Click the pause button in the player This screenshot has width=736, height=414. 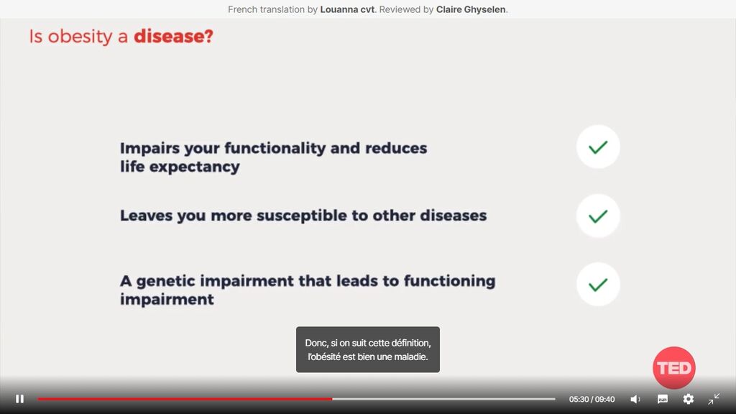(x=19, y=399)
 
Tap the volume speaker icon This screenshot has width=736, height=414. (x=635, y=399)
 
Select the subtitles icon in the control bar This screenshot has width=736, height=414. (x=662, y=399)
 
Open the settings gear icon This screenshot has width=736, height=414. (x=688, y=399)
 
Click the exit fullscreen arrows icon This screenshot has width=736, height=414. (x=714, y=399)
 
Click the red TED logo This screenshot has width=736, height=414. (x=674, y=368)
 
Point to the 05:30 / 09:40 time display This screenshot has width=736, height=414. (x=592, y=400)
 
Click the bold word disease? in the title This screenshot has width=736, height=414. (x=173, y=36)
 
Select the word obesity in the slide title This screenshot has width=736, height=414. (x=80, y=37)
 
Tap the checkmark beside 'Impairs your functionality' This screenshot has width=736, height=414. (x=598, y=147)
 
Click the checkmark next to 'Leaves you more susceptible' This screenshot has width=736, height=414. (x=598, y=216)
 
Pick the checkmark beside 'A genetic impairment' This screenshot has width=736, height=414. (x=598, y=285)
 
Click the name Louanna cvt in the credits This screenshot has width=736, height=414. (x=347, y=9)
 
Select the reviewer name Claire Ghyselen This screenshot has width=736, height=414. (x=471, y=9)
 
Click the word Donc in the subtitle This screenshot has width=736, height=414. (x=316, y=343)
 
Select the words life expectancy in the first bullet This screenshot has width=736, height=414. (x=180, y=167)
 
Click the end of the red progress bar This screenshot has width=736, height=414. (x=332, y=399)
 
